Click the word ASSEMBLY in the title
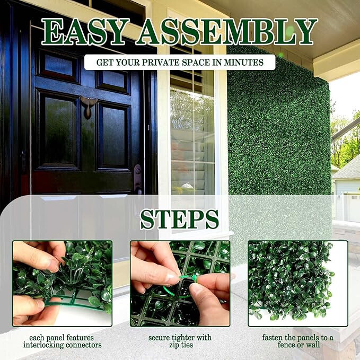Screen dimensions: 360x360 227,32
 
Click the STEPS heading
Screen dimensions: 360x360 180,219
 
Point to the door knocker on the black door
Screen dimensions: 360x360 87,107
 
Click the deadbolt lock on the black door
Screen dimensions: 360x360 138,171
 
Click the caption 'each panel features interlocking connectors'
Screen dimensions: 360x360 62,341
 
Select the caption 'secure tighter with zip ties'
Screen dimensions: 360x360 180,341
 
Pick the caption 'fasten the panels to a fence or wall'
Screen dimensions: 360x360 298,341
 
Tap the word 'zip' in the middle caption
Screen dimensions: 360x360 174,345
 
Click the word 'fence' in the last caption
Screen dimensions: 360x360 286,345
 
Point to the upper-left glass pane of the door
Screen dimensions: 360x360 59,65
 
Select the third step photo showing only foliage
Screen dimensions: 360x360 298,284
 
